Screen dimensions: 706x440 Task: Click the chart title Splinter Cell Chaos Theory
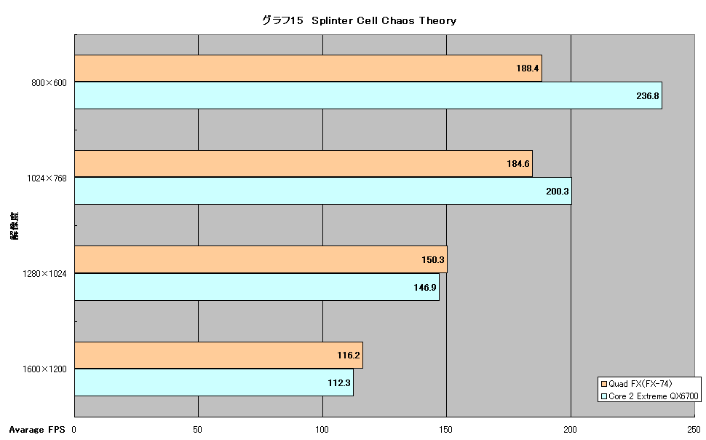coord(384,20)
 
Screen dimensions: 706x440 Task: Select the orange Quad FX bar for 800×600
coord(308,68)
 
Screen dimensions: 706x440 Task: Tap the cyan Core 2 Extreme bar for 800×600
coord(368,95)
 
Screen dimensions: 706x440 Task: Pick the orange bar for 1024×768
coord(304,164)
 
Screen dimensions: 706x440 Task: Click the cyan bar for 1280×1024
coord(257,287)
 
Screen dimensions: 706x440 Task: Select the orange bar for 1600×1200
coord(218,355)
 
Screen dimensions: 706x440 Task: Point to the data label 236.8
coord(648,95)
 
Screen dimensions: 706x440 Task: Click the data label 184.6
coord(517,164)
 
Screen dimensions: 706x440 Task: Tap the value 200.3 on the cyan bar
coord(558,191)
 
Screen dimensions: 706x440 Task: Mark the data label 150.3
coord(432,259)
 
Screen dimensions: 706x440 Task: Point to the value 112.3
coord(339,382)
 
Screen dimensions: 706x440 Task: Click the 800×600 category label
coord(49,83)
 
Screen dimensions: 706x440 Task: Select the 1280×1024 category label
coord(44,274)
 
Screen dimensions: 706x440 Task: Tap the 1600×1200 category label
coord(44,369)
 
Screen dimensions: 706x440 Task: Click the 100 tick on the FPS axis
coord(322,430)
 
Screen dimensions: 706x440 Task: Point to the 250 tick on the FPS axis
coord(694,430)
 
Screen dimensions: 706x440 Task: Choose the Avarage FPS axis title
coord(37,430)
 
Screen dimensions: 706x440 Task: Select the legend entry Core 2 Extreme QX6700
coord(650,396)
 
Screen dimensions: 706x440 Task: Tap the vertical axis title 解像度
coord(15,225)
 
